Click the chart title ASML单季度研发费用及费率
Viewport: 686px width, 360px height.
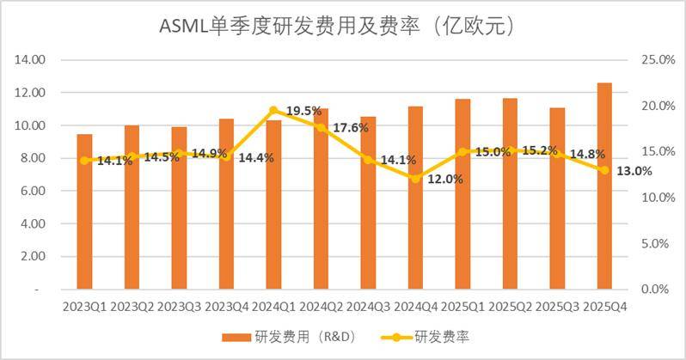point(342,25)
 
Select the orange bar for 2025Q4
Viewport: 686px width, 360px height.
point(604,186)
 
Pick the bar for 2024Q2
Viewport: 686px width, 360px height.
point(321,198)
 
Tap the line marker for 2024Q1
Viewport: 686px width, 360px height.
point(273,110)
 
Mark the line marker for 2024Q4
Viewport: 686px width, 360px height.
point(415,179)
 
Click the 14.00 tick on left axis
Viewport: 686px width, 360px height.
point(30,59)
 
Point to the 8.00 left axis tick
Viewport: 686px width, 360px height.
point(33,158)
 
